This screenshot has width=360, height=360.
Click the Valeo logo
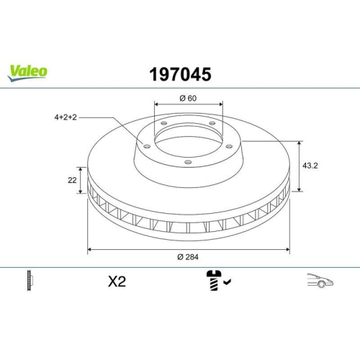(x=28, y=71)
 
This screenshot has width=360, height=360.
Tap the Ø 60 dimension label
(x=188, y=98)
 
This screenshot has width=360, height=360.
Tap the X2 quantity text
(x=116, y=282)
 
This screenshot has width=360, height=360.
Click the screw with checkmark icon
(x=214, y=282)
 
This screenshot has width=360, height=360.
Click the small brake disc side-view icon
(x=29, y=281)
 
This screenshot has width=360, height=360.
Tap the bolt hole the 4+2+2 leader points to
(x=146, y=146)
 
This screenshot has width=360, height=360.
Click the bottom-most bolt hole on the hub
(x=187, y=162)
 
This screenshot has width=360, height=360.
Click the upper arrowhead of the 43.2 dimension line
(x=299, y=143)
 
